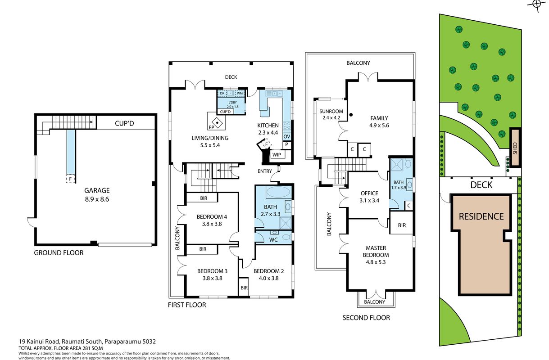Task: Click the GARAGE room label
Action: point(97,190)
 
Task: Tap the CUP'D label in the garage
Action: point(124,123)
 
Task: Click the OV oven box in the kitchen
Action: point(287,136)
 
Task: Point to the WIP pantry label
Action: point(277,155)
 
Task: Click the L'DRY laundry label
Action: point(232,102)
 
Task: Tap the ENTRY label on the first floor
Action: point(265,171)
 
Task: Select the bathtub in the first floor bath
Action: point(278,193)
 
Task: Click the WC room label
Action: point(273,240)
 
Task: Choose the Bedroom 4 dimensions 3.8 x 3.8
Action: point(212,224)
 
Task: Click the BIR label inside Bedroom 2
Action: point(244,288)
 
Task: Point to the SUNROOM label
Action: point(331,112)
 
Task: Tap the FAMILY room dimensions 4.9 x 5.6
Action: point(379,126)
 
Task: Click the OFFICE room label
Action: point(369,193)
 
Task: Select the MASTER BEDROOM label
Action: point(376,251)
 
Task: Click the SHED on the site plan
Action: point(515,148)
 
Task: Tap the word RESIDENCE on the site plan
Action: point(481,216)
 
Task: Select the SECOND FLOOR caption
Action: point(366,318)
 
